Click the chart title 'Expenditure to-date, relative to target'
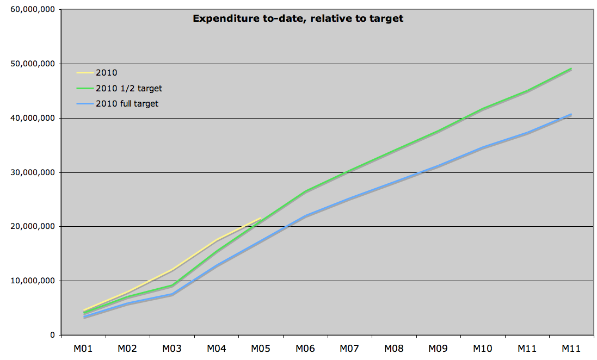[x=298, y=18]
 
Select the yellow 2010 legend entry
[x=106, y=72]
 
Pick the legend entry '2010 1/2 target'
[x=128, y=88]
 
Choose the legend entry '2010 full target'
[x=127, y=103]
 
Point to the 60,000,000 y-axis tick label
[x=32, y=9]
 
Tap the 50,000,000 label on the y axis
[x=32, y=64]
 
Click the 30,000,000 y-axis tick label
[x=32, y=172]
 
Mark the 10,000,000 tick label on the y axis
[x=32, y=281]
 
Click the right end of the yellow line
[x=261, y=218]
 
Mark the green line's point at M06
[x=305, y=191]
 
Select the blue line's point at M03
[x=172, y=294]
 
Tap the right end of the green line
[x=571, y=69]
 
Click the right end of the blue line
[x=571, y=114]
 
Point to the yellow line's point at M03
[x=172, y=270]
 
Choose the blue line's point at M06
[x=305, y=216]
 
